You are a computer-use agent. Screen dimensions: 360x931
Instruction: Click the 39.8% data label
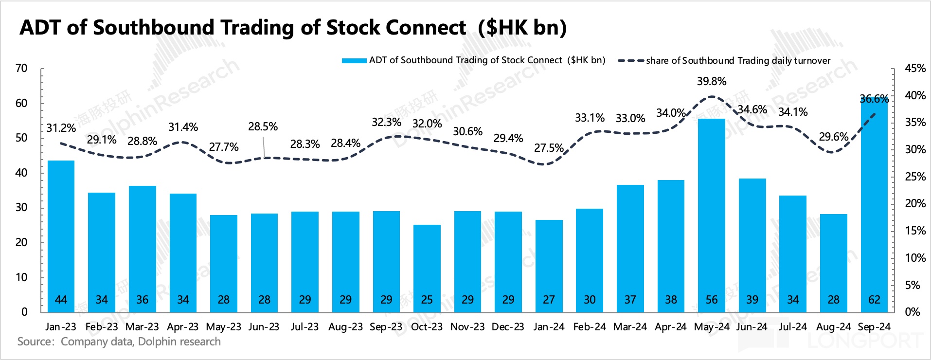[711, 81]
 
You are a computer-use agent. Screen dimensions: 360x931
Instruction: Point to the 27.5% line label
[549, 148]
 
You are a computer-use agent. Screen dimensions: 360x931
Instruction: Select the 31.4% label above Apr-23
[183, 127]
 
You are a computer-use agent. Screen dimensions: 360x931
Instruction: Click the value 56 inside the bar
[711, 300]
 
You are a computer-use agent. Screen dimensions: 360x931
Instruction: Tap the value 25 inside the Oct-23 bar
[427, 300]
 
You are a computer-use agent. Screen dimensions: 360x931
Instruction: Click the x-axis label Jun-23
[264, 327]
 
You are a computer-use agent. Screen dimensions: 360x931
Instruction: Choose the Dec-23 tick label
[508, 327]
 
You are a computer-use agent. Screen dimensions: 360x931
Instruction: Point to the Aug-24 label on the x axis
[833, 327]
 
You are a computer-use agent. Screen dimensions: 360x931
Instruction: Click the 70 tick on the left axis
[21, 69]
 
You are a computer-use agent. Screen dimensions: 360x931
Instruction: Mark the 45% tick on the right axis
[915, 69]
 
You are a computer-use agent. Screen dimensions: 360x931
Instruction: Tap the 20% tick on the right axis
[915, 204]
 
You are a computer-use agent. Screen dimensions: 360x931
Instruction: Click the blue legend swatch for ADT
[354, 61]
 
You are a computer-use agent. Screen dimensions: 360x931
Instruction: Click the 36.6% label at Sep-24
[874, 99]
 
